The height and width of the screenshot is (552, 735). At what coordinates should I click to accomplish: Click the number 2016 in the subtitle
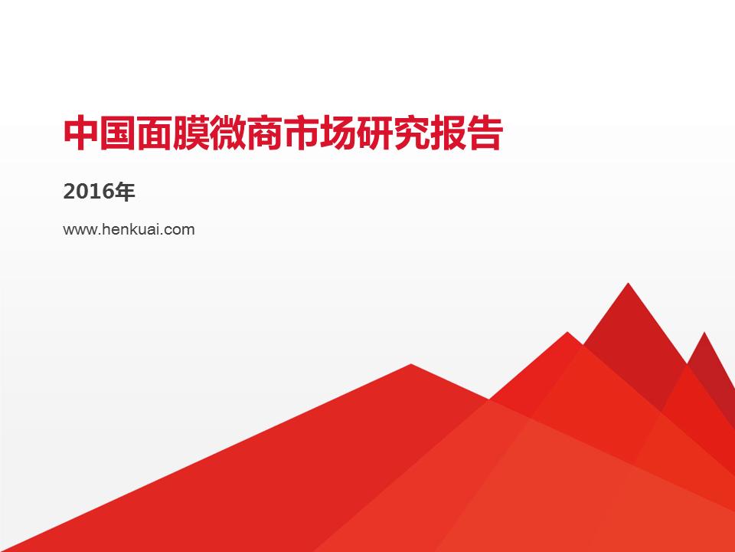[85, 192]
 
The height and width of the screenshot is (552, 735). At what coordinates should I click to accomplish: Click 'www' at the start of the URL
[78, 228]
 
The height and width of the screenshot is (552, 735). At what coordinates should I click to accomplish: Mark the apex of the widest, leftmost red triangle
[411, 365]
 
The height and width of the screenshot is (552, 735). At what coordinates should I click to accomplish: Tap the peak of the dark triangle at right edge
[704, 333]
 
